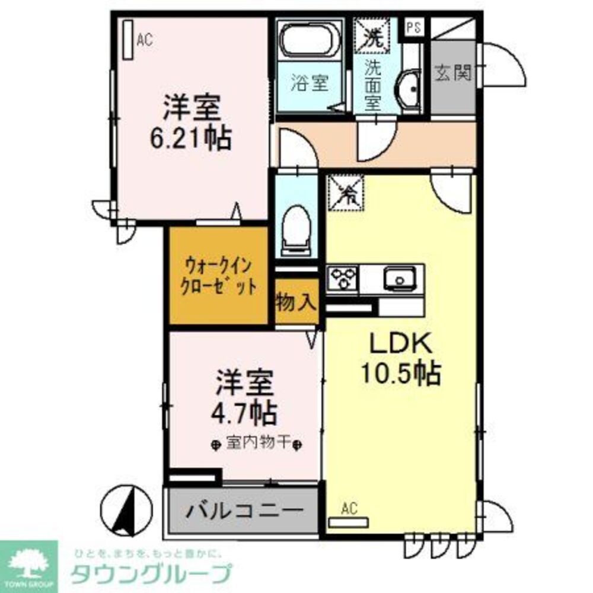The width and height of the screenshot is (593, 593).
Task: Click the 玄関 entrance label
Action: pyautogui.click(x=453, y=74)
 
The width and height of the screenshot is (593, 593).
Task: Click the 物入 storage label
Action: pyautogui.click(x=296, y=303)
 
